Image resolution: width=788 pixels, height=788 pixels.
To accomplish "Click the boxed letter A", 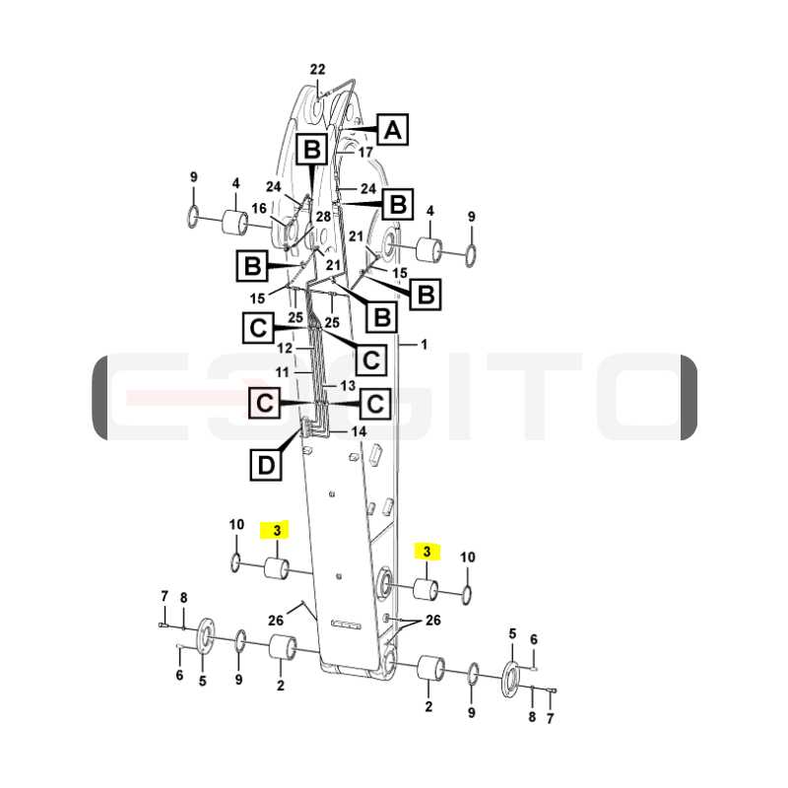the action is pyautogui.click(x=392, y=129).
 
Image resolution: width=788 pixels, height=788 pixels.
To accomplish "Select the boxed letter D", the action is pyautogui.click(x=266, y=464).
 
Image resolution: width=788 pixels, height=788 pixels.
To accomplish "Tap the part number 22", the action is pyautogui.click(x=317, y=69).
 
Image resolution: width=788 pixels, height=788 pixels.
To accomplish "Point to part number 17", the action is pyautogui.click(x=365, y=152).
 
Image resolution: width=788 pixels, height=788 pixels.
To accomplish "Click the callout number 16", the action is pyautogui.click(x=259, y=208).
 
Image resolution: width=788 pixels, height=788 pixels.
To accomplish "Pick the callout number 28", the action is pyautogui.click(x=323, y=216).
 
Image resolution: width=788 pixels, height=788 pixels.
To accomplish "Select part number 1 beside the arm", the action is pyautogui.click(x=425, y=344).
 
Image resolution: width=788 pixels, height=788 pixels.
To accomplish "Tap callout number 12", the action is pyautogui.click(x=285, y=348).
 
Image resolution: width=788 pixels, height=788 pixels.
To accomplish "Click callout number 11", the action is pyautogui.click(x=283, y=372).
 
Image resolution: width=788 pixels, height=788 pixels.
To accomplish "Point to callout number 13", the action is pyautogui.click(x=348, y=385).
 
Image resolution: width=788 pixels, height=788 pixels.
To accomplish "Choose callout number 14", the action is pyautogui.click(x=359, y=431).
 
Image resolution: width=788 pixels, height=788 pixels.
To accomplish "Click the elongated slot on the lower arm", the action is pyautogui.click(x=346, y=625).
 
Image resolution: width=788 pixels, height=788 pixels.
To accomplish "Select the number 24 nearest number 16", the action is pyautogui.click(x=274, y=187).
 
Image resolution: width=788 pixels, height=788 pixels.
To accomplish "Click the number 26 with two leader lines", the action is pyautogui.click(x=433, y=621).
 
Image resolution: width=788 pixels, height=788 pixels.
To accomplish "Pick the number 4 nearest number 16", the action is pyautogui.click(x=235, y=184).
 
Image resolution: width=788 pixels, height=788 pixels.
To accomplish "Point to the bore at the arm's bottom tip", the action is pyautogui.click(x=388, y=661).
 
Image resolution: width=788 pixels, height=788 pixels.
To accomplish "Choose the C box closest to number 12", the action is pyautogui.click(x=258, y=328).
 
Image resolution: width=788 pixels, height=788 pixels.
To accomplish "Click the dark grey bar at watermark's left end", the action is pyautogui.click(x=99, y=397).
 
